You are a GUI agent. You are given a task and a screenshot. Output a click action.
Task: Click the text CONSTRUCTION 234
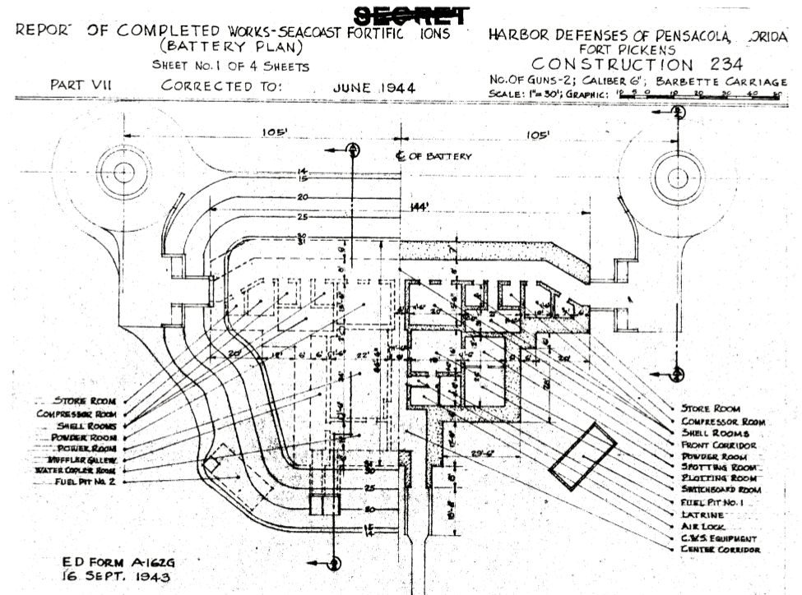point(637,64)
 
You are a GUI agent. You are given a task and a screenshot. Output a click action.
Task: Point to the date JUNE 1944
point(373,86)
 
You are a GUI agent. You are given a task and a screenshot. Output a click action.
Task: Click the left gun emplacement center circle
point(123,173)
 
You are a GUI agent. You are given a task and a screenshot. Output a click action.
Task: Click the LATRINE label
point(703,514)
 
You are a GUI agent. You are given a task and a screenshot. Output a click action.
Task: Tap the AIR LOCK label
point(704,526)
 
